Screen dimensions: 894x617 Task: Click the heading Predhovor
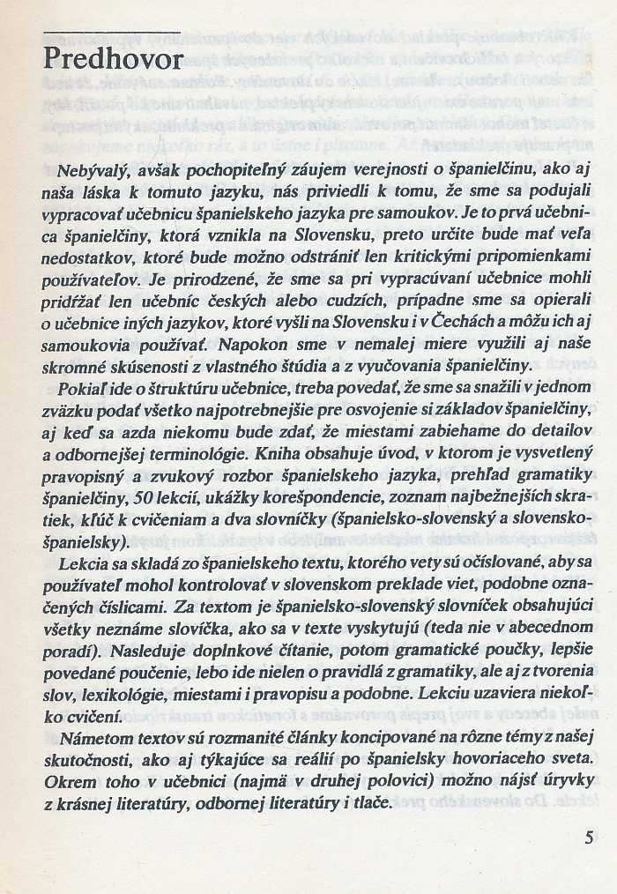(x=113, y=59)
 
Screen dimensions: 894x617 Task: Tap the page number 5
(x=589, y=837)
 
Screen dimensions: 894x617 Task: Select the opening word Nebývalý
(x=86, y=168)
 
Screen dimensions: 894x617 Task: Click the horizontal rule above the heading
(x=111, y=33)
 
